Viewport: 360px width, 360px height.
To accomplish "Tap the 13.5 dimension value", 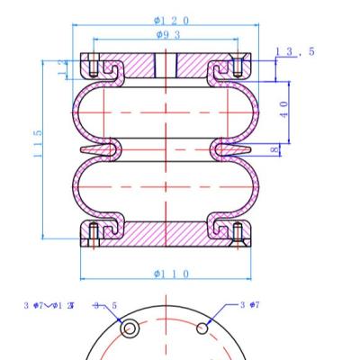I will tap(295, 52).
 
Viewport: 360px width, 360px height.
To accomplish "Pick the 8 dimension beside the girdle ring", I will tap(274, 149).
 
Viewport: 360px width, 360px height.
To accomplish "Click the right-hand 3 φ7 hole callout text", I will tap(250, 306).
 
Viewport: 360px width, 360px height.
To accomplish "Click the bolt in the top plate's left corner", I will tap(93, 64).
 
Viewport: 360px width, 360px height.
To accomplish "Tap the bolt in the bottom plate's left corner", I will tap(93, 234).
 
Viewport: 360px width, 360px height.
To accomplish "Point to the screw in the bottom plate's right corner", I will tap(236, 234).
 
